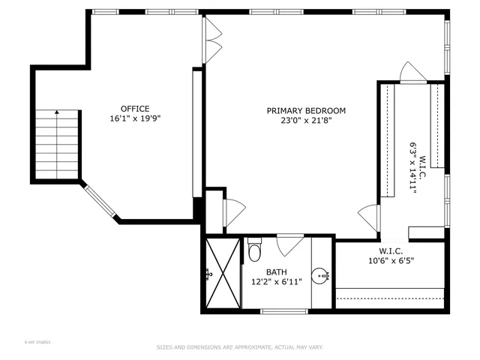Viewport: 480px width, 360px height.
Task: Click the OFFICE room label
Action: pos(135,108)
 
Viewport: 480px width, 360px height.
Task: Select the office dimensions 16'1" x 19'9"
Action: pos(135,118)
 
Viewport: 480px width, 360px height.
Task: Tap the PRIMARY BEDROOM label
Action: pos(306,110)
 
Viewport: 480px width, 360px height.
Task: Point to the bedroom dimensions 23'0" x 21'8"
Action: pos(306,121)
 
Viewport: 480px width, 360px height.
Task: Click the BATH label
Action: pos(277,272)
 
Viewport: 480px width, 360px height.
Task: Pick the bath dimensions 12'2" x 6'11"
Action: pos(277,282)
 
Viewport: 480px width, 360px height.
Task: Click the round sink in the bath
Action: pos(321,275)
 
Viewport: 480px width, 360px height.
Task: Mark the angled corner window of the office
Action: pos(98,202)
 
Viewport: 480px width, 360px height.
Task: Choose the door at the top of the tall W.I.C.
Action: pos(412,73)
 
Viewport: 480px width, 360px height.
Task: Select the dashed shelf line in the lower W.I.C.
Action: pos(390,298)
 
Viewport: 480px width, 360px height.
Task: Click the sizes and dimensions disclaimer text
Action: pos(239,347)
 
